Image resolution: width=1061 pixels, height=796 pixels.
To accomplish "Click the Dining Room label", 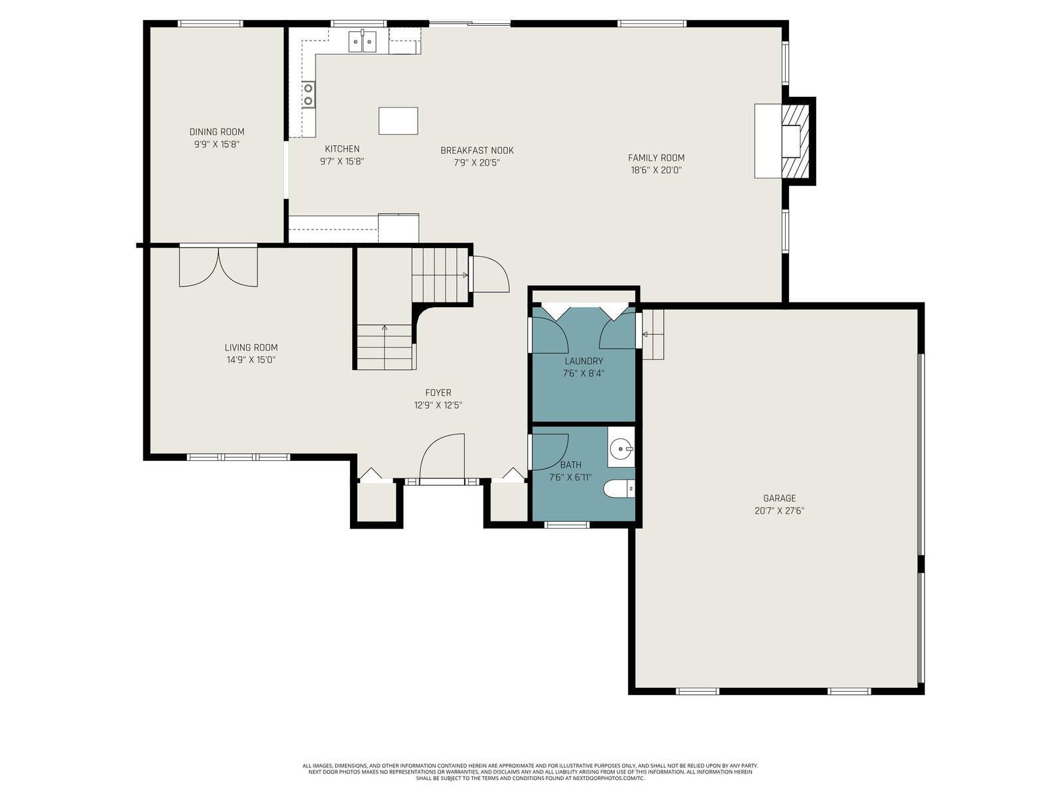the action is (217, 132).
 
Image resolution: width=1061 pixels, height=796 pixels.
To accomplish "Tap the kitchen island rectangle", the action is (398, 121).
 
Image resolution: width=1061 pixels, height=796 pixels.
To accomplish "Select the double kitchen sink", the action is (363, 41).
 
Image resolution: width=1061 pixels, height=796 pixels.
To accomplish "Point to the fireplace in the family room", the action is (783, 141).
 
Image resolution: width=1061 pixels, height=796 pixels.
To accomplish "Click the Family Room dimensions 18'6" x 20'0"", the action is (656, 170).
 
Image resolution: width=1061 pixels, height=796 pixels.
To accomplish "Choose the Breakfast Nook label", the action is (477, 151).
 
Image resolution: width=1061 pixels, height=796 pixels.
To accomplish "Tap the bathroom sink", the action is (621, 448).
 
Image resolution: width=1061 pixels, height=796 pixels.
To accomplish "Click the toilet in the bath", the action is (619, 488).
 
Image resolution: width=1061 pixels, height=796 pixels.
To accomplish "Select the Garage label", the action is (779, 498).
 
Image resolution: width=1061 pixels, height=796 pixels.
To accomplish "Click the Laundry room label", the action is (584, 361).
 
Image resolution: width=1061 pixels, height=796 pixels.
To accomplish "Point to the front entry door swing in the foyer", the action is (442, 457).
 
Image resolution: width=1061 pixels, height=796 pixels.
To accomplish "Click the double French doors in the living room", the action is (218, 267).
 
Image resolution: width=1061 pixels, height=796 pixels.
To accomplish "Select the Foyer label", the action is (438, 393).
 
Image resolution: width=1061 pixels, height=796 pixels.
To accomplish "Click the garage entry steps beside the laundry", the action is (653, 334).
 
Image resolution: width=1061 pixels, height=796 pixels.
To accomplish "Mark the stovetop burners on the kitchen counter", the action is (308, 94).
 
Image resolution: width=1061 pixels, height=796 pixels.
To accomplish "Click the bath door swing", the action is (549, 452).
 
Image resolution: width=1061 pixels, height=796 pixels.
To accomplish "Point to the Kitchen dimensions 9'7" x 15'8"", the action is (342, 161).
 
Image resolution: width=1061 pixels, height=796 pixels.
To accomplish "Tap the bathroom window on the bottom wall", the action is (567, 525).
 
